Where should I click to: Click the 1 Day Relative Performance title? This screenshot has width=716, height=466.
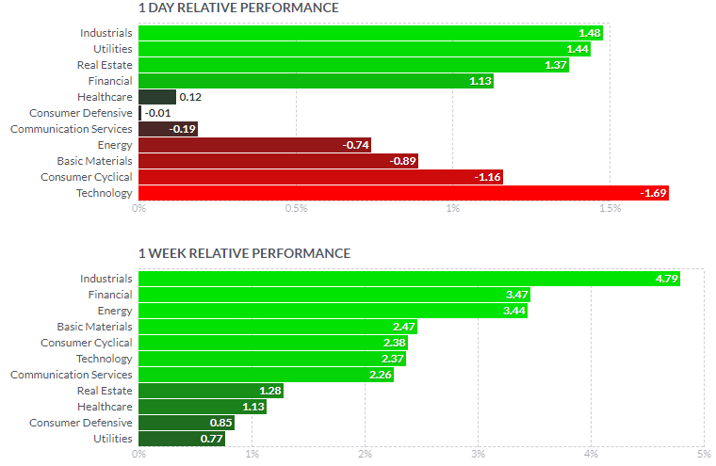pyautogui.click(x=238, y=8)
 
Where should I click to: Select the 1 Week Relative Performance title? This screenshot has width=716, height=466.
pyautogui.click(x=244, y=253)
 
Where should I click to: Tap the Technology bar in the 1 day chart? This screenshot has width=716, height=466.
pyautogui.click(x=403, y=193)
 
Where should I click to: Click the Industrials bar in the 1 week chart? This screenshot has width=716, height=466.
pyautogui.click(x=409, y=279)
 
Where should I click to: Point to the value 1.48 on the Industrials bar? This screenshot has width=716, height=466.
pyautogui.click(x=589, y=33)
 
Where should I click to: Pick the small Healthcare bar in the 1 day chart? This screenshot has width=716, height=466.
pyautogui.click(x=156, y=97)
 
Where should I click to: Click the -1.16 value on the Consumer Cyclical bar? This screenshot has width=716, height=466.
pyautogui.click(x=488, y=177)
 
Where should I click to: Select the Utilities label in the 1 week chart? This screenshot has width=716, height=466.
pyautogui.click(x=112, y=439)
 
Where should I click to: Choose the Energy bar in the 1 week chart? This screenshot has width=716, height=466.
pyautogui.click(x=333, y=311)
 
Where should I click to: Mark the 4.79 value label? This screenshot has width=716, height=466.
pyautogui.click(x=667, y=279)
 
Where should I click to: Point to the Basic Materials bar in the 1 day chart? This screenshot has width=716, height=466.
pyautogui.click(x=278, y=161)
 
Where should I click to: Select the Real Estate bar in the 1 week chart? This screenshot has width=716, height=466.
pyautogui.click(x=210, y=391)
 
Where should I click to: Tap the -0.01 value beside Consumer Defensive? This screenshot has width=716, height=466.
pyautogui.click(x=156, y=113)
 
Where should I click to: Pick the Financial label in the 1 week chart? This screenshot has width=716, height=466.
pyautogui.click(x=110, y=295)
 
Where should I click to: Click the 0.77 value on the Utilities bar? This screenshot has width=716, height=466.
pyautogui.click(x=211, y=439)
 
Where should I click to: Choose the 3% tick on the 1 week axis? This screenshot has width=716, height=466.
pyautogui.click(x=478, y=455)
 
